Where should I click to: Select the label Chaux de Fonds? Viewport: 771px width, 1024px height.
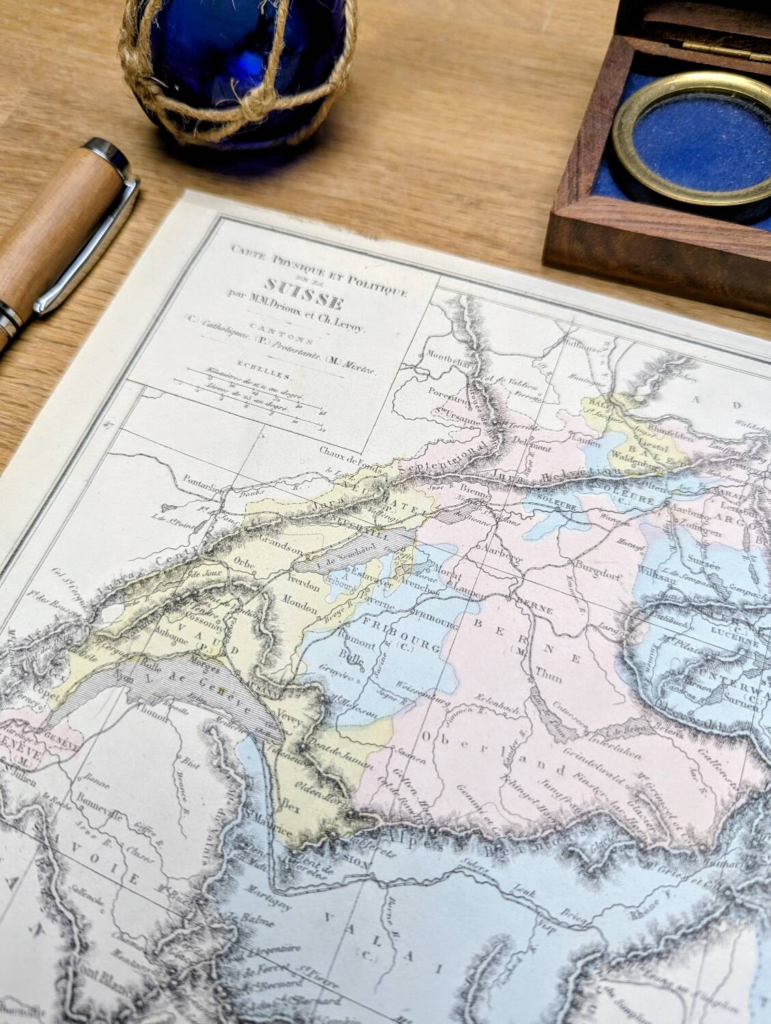pyautogui.click(x=351, y=450)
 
